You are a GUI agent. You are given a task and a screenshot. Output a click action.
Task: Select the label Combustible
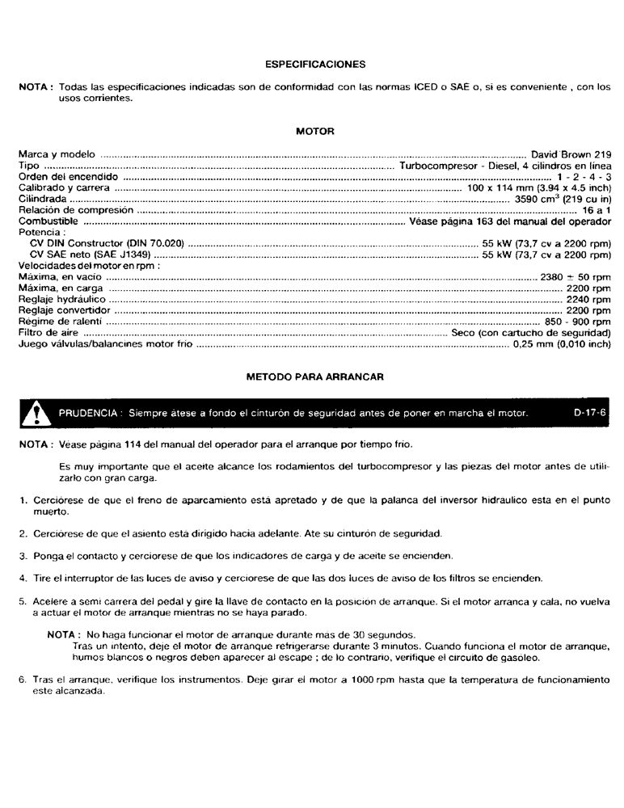(48, 221)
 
